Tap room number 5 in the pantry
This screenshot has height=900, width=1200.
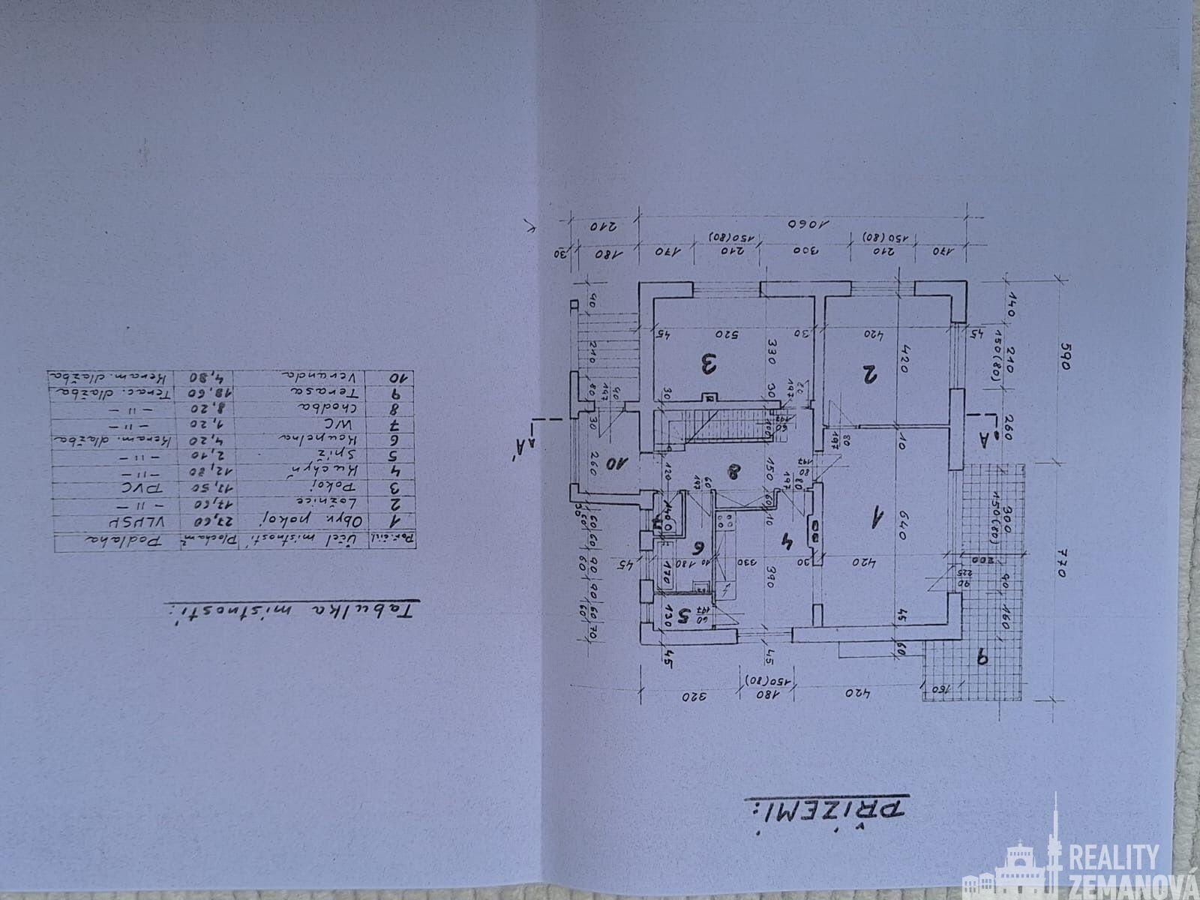[x=682, y=616]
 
